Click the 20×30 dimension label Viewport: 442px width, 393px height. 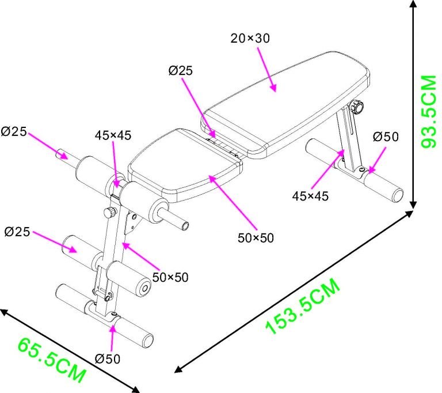tap(250, 39)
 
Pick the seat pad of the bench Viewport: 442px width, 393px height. tap(184, 167)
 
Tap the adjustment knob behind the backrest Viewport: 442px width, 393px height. tap(357, 107)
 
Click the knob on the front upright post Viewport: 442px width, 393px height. tap(109, 213)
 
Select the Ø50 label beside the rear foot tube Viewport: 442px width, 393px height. tap(385, 137)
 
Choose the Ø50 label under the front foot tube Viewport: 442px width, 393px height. tap(108, 358)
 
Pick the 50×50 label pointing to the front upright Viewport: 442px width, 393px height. tap(170, 277)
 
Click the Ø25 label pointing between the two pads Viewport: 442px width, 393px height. tap(181, 70)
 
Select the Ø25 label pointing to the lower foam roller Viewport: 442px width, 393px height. tap(17, 232)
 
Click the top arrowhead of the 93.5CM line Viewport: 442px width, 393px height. tap(414, 5)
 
